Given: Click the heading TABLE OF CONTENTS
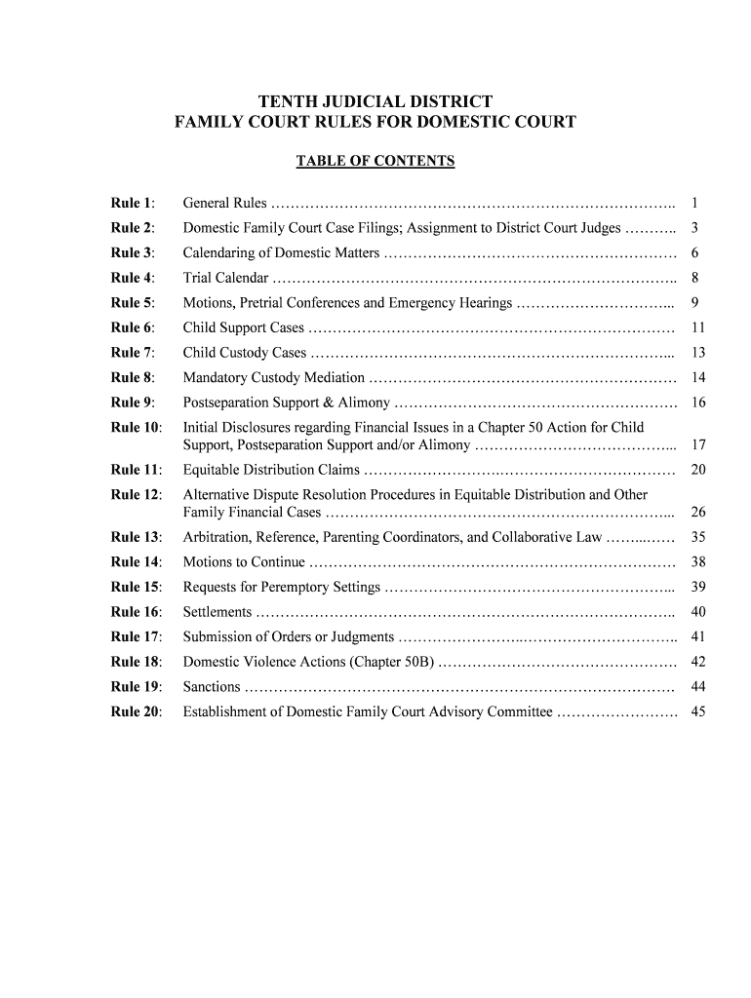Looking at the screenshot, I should [375, 161].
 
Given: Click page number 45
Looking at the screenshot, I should [697, 711].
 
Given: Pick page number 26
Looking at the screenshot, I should [697, 513].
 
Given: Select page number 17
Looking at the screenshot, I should [697, 445].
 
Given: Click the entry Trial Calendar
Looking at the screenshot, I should [226, 279].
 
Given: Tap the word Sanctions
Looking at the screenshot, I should [213, 687].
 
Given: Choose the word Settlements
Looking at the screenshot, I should [218, 612].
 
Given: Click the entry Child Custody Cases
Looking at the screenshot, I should [245, 353].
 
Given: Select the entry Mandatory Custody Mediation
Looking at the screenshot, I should [274, 378].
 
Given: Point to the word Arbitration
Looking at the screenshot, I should [217, 537].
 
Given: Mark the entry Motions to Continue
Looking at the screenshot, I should [244, 562].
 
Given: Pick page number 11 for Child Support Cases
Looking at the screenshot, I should [697, 328].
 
